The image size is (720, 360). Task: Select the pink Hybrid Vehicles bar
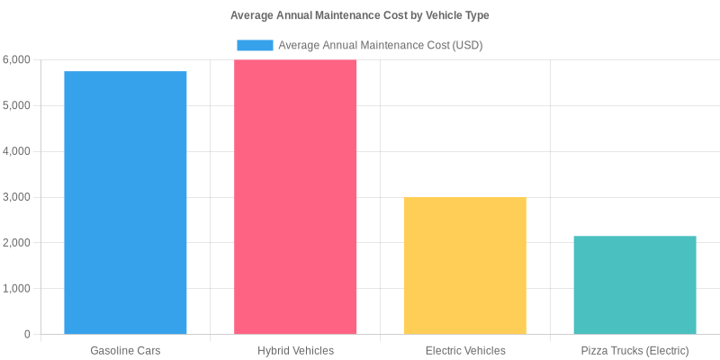pos(295,197)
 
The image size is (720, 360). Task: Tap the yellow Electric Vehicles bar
pos(465,265)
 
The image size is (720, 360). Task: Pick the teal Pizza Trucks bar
pos(634,285)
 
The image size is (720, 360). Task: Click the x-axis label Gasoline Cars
pos(125,350)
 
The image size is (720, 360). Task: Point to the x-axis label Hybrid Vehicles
pos(295,350)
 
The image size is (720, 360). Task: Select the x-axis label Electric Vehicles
pos(465,350)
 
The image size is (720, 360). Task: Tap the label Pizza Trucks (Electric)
pos(634,350)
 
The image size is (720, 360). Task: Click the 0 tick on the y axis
pos(27,335)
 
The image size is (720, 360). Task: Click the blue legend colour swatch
pos(255,45)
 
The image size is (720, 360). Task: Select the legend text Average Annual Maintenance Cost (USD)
pos(381,45)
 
